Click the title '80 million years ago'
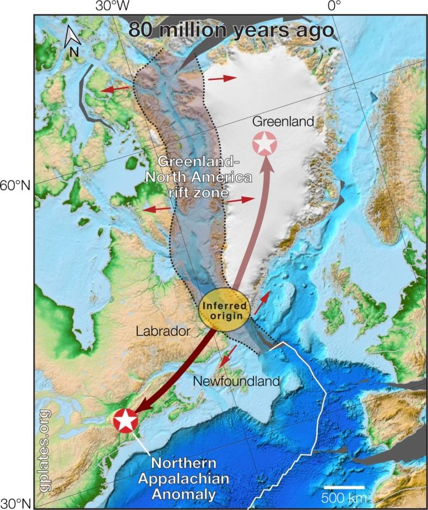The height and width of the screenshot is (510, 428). coord(231,30)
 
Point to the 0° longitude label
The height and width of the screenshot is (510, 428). coord(334,7)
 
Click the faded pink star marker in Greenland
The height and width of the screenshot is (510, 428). coord(265,143)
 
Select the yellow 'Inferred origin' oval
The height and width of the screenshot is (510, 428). coord(224,310)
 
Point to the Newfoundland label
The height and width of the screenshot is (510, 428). coord(236,381)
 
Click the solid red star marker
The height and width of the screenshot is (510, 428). coord(125,421)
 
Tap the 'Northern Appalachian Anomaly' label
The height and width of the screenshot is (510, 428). coord(191,479)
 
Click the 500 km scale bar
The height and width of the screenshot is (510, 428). coord(344,487)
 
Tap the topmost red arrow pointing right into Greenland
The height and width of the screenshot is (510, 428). coord(221,78)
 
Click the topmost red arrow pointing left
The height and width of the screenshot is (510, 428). coord(115,88)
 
